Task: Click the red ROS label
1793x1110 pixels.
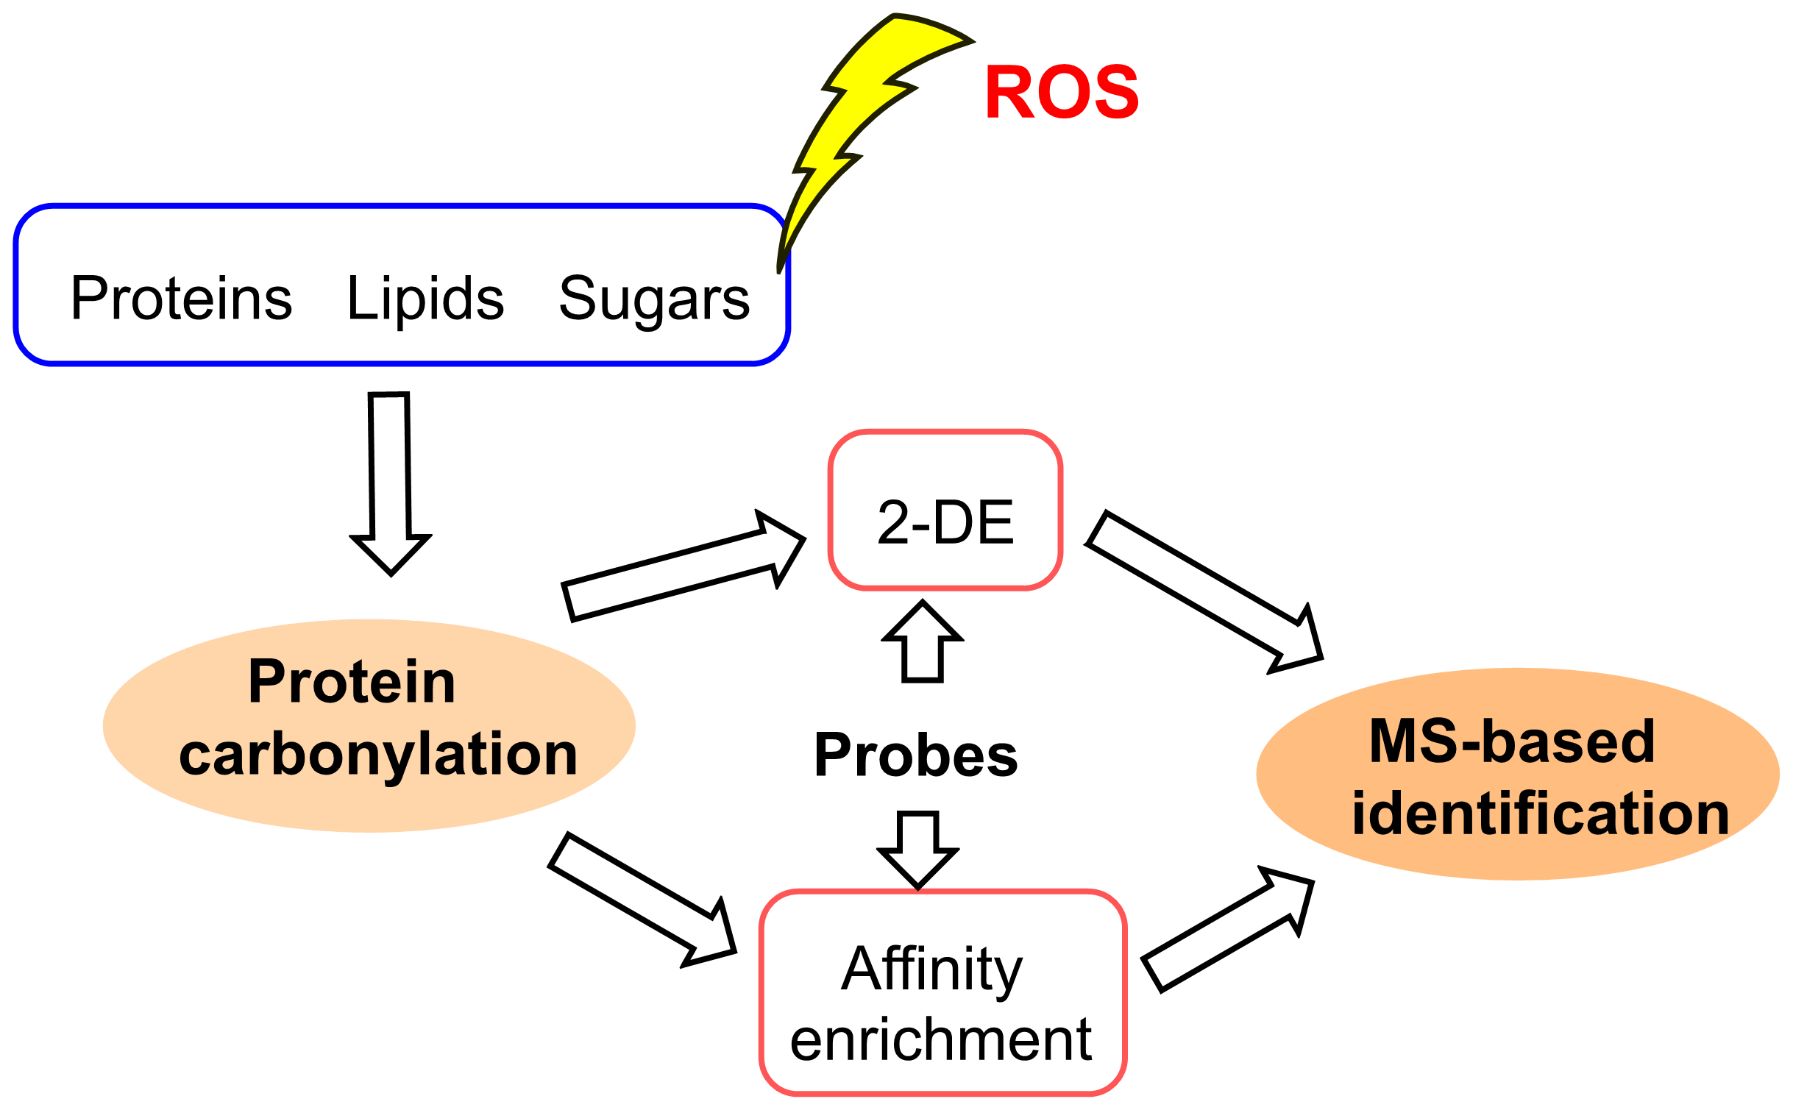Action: coord(1061,93)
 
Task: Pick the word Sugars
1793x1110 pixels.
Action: coord(653,299)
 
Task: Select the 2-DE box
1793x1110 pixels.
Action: coord(945,510)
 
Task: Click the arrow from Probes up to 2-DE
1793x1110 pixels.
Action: coord(922,644)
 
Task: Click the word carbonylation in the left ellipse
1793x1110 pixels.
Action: coord(378,755)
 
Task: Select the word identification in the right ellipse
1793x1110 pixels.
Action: coord(1540,814)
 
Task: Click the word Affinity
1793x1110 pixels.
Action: coord(931,970)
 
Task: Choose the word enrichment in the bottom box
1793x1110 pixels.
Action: coord(940,1039)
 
